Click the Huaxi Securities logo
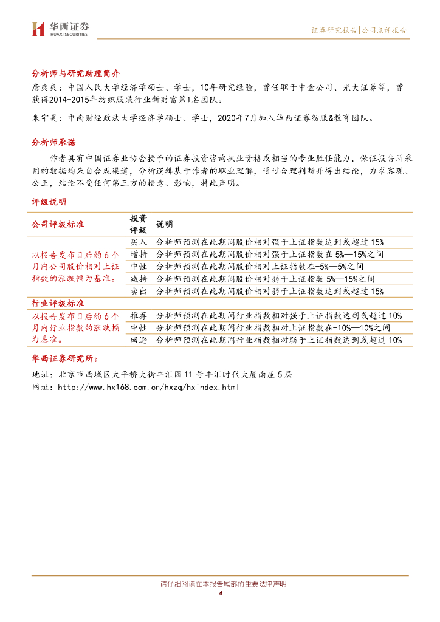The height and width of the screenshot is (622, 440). tap(60, 29)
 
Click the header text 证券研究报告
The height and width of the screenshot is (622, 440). tap(334, 30)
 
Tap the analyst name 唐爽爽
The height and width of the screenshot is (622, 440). tap(43, 87)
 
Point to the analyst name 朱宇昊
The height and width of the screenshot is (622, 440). tap(43, 118)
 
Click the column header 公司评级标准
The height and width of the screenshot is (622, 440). tap(58, 224)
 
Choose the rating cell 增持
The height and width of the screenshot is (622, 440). tap(139, 254)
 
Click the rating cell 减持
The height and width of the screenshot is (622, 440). tap(139, 279)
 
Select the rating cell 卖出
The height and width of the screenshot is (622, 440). tap(139, 291)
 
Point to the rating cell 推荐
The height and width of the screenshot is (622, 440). tap(139, 315)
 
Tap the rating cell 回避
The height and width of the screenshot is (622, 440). tap(139, 340)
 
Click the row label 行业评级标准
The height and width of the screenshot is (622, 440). tap(58, 303)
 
